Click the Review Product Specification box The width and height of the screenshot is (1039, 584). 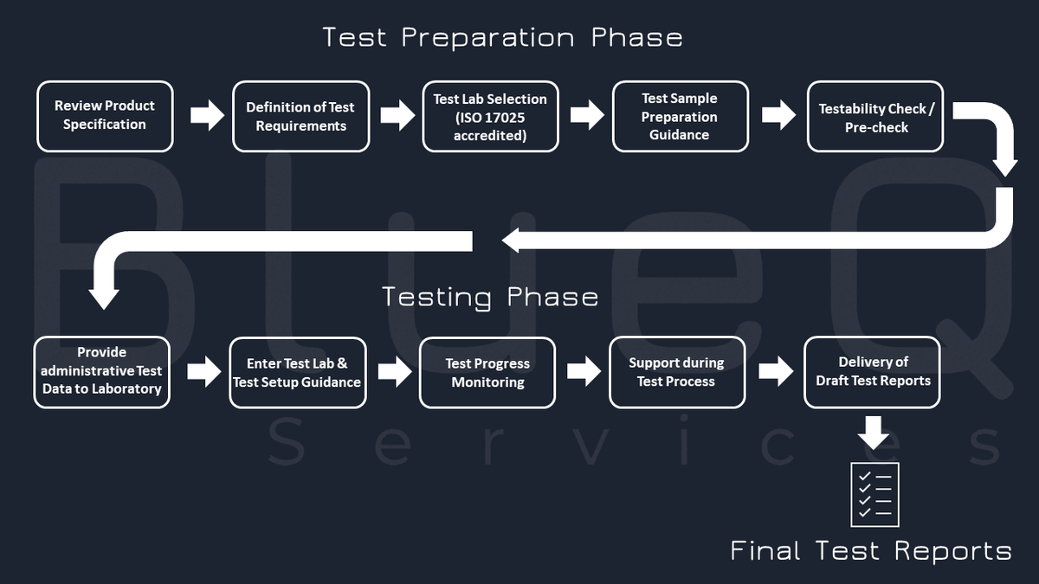point(105,116)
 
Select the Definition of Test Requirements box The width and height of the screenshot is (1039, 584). point(300,116)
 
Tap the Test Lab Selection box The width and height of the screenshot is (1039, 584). point(490,116)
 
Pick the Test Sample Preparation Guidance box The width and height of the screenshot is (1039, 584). point(680,116)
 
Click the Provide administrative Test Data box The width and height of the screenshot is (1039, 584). point(102,371)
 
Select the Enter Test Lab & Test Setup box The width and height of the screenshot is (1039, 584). point(297,372)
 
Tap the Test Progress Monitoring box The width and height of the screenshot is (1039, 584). point(487,372)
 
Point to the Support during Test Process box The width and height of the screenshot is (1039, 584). point(676,372)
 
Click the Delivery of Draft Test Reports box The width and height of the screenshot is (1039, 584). point(872,371)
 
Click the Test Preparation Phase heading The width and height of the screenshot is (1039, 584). point(502,38)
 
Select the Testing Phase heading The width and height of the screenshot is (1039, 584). point(490,298)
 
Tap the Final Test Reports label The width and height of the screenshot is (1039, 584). point(870,550)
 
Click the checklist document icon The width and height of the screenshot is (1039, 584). point(874,494)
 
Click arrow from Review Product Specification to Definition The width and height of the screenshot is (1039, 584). point(207,115)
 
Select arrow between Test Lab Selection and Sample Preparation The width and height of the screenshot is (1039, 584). point(587,114)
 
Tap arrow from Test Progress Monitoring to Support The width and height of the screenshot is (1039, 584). point(584,371)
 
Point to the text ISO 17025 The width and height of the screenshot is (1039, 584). point(490,118)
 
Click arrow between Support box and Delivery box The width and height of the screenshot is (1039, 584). point(776,371)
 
